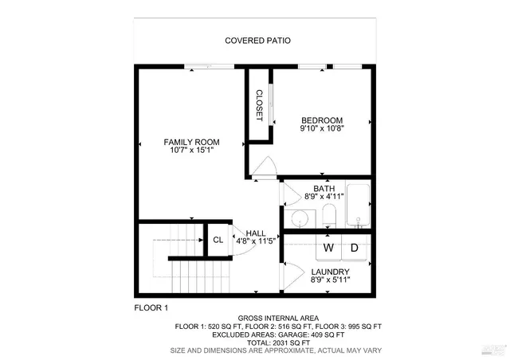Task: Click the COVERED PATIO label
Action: click(257, 40)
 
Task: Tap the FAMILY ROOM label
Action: click(191, 142)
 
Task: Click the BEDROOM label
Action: click(321, 119)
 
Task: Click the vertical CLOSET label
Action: click(259, 106)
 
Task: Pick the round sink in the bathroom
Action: click(300, 219)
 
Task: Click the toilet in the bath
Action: click(328, 215)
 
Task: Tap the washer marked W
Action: click(328, 248)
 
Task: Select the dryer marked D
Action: click(355, 248)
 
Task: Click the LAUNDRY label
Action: click(329, 271)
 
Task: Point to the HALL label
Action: click(256, 233)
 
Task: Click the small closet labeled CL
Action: click(218, 240)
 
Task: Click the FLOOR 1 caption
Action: click(151, 307)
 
